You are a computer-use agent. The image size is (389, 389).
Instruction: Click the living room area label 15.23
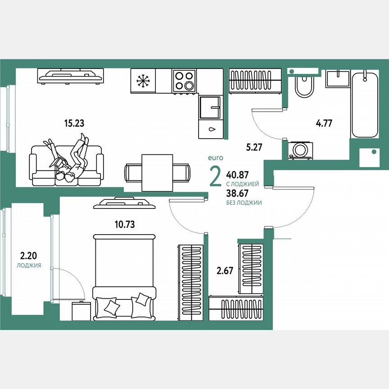tap(75, 122)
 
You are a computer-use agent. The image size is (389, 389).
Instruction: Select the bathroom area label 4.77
tap(324, 123)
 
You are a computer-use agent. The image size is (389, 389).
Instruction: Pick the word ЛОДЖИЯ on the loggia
tap(29, 266)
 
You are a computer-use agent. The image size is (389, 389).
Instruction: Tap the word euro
tap(215, 158)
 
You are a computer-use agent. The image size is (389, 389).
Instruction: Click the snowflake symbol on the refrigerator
tap(143, 81)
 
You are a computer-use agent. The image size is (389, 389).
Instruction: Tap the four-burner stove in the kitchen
tap(185, 81)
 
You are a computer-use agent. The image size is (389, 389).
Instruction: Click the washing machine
tap(298, 149)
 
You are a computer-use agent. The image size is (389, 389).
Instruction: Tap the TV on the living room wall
tap(71, 76)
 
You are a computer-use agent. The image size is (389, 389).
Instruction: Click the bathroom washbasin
tap(337, 79)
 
